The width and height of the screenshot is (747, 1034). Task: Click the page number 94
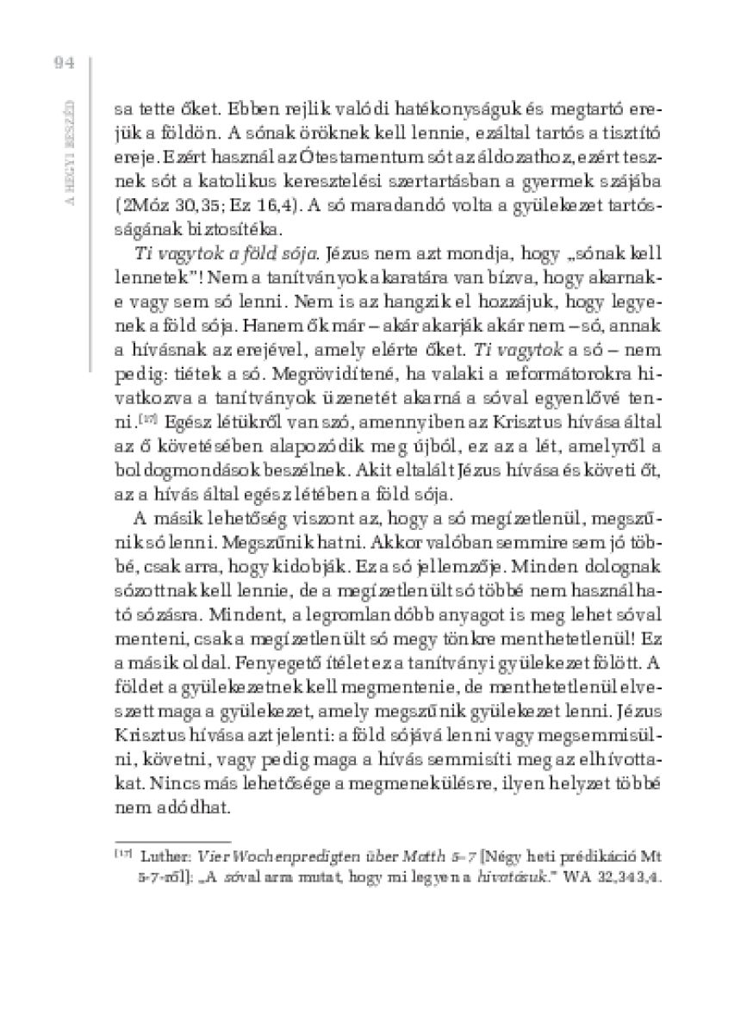coord(65,62)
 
